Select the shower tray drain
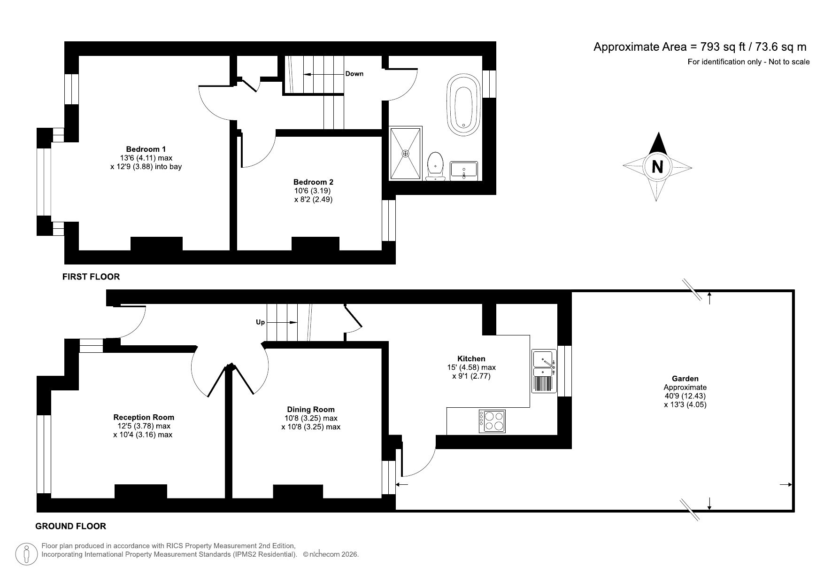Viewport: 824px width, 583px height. point(406,153)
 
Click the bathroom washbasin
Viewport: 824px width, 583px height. point(463,171)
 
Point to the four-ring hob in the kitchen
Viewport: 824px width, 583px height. point(492,421)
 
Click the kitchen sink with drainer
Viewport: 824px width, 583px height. point(544,371)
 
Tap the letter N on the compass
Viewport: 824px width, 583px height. point(657,167)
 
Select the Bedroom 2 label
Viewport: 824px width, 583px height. point(313,182)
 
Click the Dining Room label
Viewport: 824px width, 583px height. point(311,410)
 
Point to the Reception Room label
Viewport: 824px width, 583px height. point(144,417)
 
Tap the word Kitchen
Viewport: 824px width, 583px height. point(471,358)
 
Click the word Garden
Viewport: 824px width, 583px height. point(685,379)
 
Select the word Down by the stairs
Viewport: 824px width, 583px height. point(354,74)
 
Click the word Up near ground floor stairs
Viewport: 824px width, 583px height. point(260,322)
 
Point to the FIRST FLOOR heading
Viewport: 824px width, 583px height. point(91,277)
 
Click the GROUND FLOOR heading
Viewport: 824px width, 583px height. point(71,526)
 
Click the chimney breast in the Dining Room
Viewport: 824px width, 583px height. point(298,491)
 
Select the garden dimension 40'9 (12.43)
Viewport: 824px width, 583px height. point(685,396)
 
